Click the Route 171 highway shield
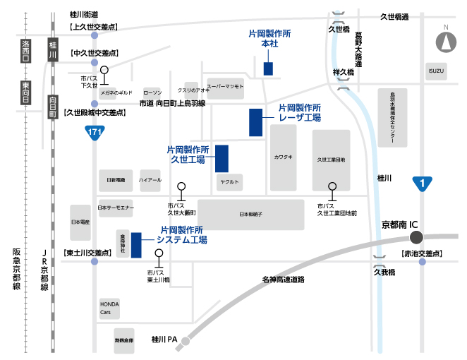pos(94,132)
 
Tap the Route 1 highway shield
pos(422,184)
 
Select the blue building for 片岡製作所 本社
pos(268,68)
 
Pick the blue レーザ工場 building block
pos(255,122)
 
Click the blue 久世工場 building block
pos(222,157)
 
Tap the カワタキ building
pos(283,158)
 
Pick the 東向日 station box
pos(25,92)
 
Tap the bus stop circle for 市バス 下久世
pos(104,70)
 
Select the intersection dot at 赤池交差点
pos(423,262)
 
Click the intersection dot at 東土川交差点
pos(95,261)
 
